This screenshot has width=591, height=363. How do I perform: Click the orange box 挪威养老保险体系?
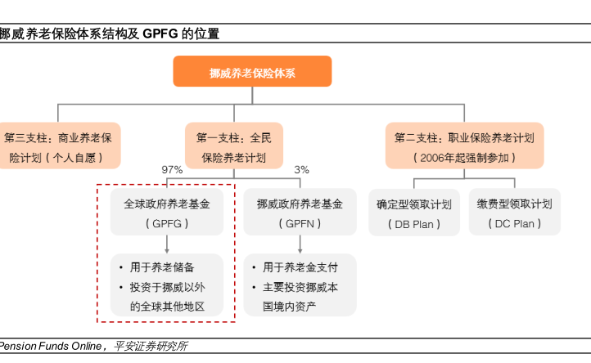click(252, 71)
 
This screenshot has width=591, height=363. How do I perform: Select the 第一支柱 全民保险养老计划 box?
click(234, 146)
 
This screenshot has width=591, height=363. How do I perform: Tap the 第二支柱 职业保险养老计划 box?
click(464, 146)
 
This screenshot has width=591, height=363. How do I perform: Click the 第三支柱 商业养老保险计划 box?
click(58, 146)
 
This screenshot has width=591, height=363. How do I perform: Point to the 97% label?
click(172, 170)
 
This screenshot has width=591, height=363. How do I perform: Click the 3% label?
click(301, 170)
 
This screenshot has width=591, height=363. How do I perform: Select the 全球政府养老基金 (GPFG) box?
click(167, 212)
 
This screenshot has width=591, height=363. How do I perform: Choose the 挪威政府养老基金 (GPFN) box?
click(300, 212)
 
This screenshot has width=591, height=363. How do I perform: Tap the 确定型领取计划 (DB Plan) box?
click(414, 213)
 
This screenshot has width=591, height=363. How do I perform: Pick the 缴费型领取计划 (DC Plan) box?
click(515, 212)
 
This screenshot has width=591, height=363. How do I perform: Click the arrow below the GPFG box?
click(167, 244)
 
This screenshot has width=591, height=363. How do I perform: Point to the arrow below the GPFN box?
click(300, 244)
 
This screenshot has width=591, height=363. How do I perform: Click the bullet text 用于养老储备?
click(162, 267)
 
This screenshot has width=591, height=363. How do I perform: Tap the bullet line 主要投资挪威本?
click(300, 287)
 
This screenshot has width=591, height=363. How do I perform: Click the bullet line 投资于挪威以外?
click(167, 287)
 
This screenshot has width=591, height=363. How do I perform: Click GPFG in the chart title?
click(160, 34)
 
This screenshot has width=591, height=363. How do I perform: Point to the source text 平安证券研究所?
click(151, 346)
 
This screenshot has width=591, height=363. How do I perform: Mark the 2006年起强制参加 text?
click(464, 158)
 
